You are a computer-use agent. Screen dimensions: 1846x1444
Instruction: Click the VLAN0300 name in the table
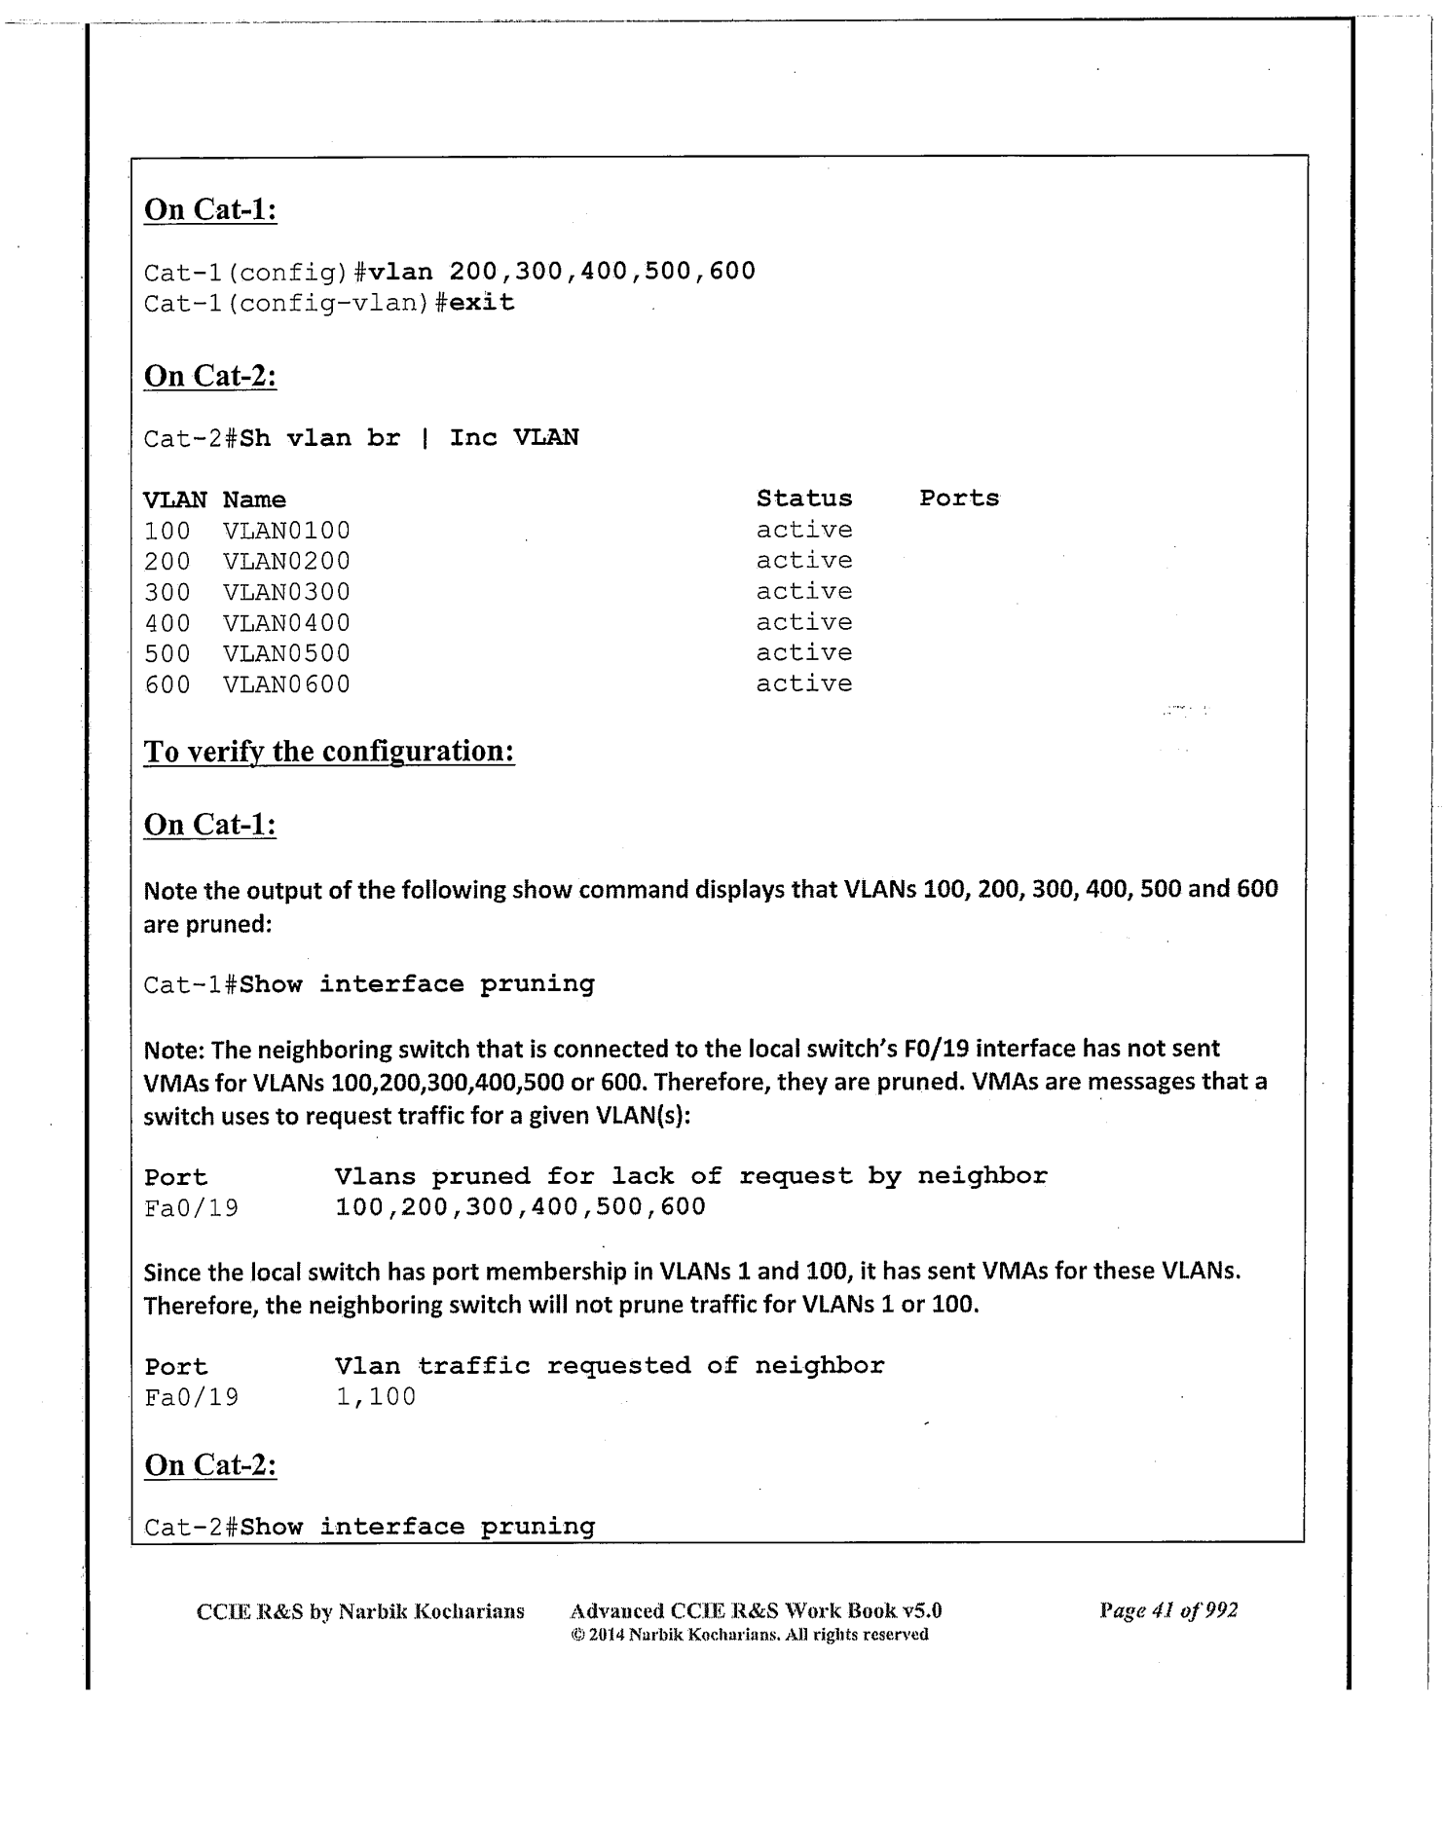coord(286,592)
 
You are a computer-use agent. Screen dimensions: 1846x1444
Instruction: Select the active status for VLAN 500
coord(803,653)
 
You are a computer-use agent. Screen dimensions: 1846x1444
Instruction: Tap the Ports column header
coord(959,498)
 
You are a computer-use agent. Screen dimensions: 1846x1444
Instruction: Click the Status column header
coord(803,498)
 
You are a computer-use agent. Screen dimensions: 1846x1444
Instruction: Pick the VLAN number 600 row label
coord(167,684)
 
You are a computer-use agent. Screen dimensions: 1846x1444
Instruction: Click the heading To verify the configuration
coord(329,752)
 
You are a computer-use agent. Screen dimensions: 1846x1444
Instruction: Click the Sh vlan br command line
coord(409,438)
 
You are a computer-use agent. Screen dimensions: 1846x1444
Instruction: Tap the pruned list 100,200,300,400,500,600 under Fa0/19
coord(520,1207)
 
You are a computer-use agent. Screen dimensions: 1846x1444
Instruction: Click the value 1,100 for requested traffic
coord(376,1397)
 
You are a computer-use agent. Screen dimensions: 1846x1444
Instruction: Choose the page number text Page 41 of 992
coord(1168,1610)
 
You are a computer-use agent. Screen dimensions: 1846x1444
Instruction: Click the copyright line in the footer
coord(749,1635)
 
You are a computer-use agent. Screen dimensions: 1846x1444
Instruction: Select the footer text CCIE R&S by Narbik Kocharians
coord(360,1611)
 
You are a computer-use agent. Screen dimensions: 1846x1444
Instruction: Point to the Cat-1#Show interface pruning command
coord(369,984)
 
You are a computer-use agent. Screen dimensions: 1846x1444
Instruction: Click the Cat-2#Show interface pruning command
coord(369,1527)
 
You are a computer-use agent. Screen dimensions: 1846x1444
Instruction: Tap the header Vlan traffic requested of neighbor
coord(610,1366)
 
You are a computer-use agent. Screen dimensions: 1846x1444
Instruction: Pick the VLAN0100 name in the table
coord(286,531)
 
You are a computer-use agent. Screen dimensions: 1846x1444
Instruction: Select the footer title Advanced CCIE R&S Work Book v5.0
coord(756,1610)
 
